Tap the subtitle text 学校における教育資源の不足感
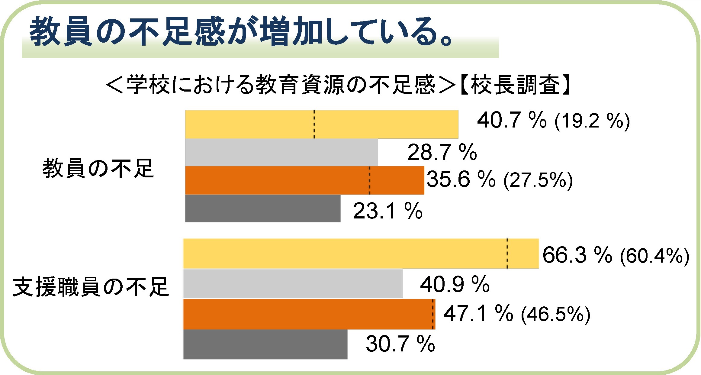click(x=281, y=85)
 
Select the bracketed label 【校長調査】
click(x=515, y=85)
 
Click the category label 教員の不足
click(x=98, y=168)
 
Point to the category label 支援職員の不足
click(x=91, y=287)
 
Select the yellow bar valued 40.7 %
click(x=322, y=124)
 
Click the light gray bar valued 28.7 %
click(x=281, y=152)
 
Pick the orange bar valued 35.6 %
click(x=304, y=180)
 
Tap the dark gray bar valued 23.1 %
click(x=263, y=209)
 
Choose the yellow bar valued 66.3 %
click(x=361, y=254)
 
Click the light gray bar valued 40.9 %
click(x=293, y=284)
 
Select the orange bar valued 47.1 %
click(x=309, y=314)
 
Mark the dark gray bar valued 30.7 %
click(x=265, y=344)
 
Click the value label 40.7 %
click(x=512, y=120)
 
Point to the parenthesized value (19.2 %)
click(x=592, y=121)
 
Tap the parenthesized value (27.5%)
click(x=538, y=180)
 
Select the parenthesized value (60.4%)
click(x=654, y=256)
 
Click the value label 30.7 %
click(x=400, y=344)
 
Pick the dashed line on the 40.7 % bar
click(x=314, y=124)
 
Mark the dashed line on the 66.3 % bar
click(x=507, y=254)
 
